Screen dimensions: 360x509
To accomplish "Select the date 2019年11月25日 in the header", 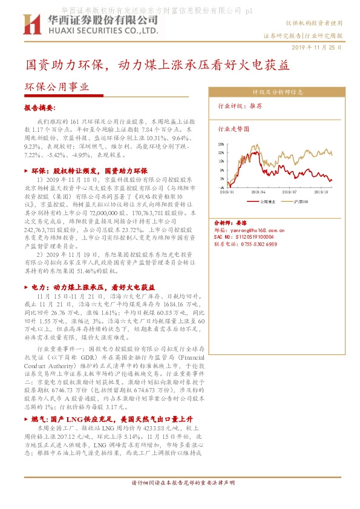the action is (316, 47).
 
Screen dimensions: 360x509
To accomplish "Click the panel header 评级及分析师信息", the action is (277, 92).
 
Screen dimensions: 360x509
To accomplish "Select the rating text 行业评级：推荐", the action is (240, 106).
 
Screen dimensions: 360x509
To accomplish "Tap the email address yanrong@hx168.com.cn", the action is (250, 230).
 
